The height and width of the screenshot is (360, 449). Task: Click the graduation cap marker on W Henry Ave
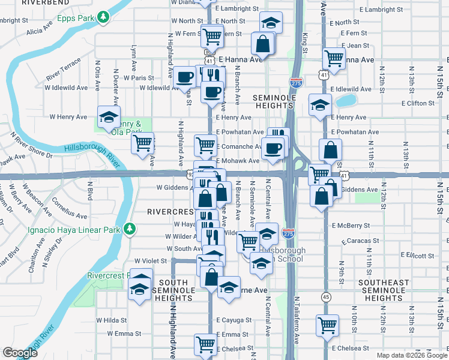[x=109, y=116]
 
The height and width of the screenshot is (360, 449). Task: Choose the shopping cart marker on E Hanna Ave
[x=333, y=58]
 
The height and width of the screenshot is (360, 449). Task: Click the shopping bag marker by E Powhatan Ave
[x=330, y=150]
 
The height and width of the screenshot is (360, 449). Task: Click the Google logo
[x=20, y=353]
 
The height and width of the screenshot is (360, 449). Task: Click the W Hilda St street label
[x=110, y=320]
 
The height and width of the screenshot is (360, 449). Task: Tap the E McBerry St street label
[x=351, y=226]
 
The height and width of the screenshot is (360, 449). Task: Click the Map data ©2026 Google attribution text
[x=412, y=355]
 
